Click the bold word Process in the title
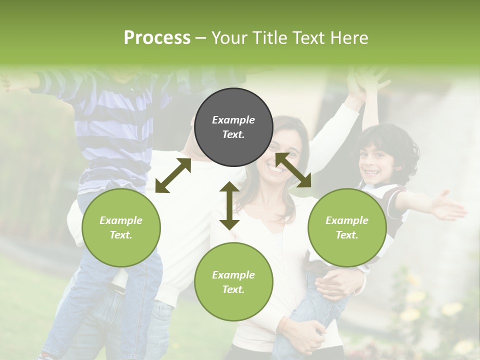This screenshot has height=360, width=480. coord(157,38)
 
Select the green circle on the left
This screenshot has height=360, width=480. coord(121,227)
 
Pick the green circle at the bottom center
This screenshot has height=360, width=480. coord(233,282)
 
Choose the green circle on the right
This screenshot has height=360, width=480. coord(347,227)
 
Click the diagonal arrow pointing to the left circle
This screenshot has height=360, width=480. coord(173,175)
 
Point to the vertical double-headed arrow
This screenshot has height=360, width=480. coord(229,205)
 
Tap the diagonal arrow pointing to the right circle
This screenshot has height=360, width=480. coord(293,170)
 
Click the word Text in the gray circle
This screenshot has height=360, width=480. coord(233,134)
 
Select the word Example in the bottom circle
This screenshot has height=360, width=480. coord(233,274)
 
